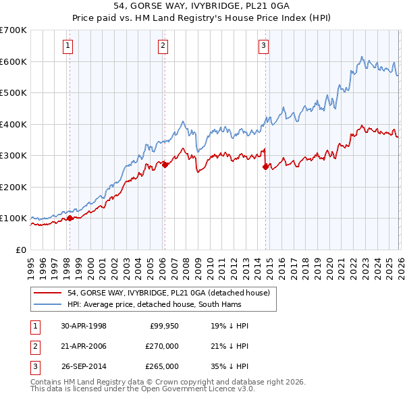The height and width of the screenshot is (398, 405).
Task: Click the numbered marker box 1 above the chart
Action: pyautogui.click(x=69, y=46)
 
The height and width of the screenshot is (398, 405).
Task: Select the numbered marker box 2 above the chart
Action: pyautogui.click(x=163, y=46)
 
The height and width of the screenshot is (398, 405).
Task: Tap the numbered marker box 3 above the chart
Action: pyautogui.click(x=263, y=46)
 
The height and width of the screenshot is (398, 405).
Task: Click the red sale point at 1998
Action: pyautogui.click(x=70, y=218)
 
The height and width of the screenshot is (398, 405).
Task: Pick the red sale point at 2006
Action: pyautogui.click(x=164, y=164)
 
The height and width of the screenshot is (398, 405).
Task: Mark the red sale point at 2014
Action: pyautogui.click(x=265, y=166)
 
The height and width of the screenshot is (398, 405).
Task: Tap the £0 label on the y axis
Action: pyautogui.click(x=21, y=250)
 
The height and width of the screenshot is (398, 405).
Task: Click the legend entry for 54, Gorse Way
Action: pyautogui.click(x=168, y=293)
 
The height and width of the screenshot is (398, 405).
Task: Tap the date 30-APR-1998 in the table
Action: pyautogui.click(x=83, y=326)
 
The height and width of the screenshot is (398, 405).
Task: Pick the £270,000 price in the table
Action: pyautogui.click(x=163, y=346)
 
